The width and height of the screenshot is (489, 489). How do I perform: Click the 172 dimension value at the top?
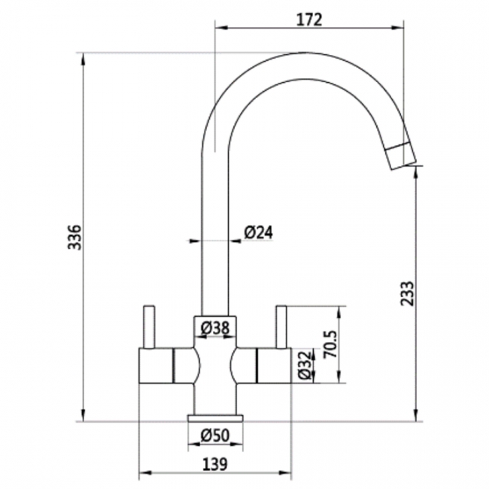(308, 20)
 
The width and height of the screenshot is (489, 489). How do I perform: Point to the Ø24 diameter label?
(258, 233)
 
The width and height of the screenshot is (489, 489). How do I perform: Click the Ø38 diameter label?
(215, 327)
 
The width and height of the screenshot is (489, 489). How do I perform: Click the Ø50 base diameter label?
(215, 435)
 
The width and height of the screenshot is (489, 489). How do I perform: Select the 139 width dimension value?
(215, 463)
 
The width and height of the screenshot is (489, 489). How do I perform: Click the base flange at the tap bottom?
(215, 418)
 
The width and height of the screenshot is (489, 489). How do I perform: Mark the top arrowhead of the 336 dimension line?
(81, 57)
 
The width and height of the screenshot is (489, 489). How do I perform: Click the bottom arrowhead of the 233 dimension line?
(415, 417)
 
